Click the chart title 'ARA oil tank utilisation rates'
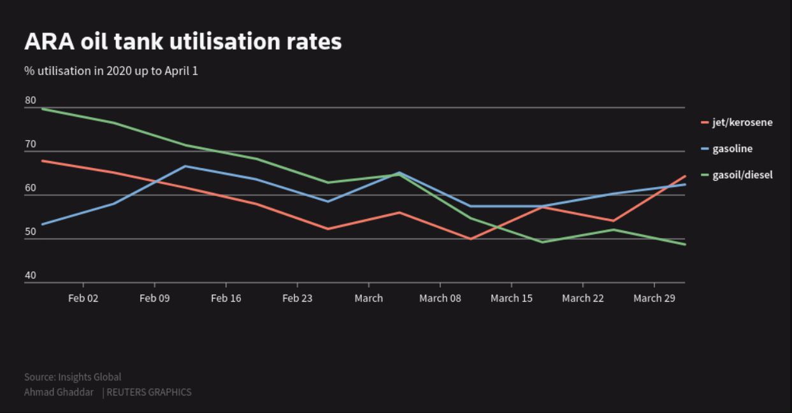tap(183, 42)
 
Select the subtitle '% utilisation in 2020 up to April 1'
tap(111, 71)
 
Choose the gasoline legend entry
tap(731, 149)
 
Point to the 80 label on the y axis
tap(31, 101)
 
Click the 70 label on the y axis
tap(31, 144)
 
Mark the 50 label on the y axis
tap(31, 232)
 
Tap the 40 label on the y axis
tap(31, 276)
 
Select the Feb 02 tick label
tap(83, 298)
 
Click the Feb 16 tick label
tap(226, 298)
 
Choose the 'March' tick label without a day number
tap(369, 298)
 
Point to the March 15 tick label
tap(512, 298)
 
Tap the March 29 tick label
tap(654, 298)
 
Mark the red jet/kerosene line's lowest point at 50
tap(471, 239)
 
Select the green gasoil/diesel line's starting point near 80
tap(43, 109)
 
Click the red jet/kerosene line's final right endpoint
tap(685, 176)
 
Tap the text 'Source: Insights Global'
tap(73, 377)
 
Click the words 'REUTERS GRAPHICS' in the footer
tap(149, 392)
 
